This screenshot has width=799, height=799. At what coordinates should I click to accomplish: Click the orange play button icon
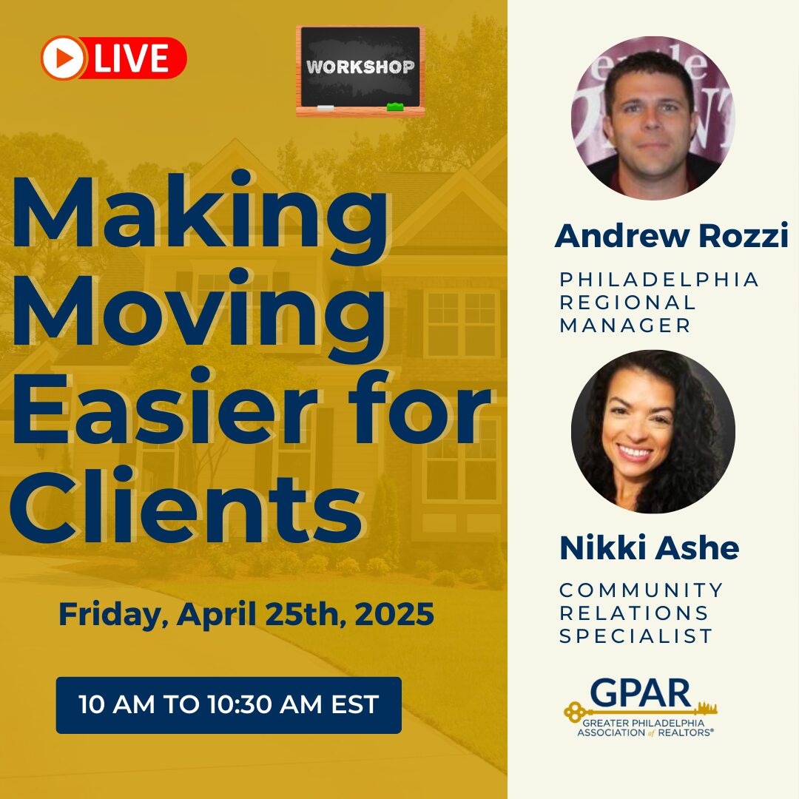62,58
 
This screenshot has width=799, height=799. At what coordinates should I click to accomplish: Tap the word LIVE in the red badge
131,58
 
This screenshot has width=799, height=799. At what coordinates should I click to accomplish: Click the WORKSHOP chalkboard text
360,67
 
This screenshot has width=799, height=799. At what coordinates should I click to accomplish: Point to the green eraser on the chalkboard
395,107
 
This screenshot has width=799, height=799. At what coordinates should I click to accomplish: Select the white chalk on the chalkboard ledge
325,108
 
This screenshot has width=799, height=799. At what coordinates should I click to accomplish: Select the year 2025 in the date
394,614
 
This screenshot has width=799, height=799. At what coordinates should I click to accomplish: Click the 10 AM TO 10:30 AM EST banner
229,705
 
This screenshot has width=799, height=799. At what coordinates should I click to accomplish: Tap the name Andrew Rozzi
672,236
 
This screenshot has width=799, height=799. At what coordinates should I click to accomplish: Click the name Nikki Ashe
650,547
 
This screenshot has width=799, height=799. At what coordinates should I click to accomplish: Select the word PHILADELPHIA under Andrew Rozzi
659,279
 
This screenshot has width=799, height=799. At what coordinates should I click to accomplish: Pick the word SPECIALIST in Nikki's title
636,636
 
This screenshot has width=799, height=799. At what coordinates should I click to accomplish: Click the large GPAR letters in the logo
641,693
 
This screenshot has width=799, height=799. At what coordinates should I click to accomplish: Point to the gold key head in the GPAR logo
574,712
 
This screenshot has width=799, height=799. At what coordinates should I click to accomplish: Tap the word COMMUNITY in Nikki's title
641,590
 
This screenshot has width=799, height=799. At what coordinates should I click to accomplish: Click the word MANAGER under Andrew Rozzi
625,325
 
